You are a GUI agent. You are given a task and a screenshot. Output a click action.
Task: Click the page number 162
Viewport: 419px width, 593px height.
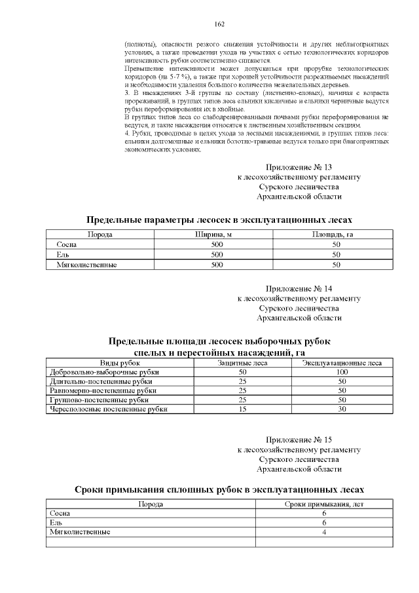(x=219, y=24)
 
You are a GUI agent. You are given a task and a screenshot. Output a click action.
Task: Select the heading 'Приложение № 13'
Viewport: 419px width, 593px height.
(x=299, y=167)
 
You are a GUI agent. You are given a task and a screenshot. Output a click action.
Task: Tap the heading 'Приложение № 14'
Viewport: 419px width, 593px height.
(x=299, y=288)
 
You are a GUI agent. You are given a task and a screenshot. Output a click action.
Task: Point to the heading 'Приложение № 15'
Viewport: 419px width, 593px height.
(x=299, y=439)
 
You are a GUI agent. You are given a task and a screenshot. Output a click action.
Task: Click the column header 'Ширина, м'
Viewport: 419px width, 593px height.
(x=213, y=234)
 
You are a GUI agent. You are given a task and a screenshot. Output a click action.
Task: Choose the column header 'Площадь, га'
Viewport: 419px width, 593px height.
(x=337, y=234)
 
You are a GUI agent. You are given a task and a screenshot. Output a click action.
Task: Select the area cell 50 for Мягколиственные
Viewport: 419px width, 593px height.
(x=337, y=265)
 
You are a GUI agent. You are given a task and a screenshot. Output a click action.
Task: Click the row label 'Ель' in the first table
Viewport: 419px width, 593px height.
(x=63, y=254)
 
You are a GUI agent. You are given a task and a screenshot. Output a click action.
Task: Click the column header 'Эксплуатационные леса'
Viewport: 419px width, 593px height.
(x=341, y=362)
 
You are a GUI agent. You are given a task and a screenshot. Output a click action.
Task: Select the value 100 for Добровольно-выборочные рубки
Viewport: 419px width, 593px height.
(x=341, y=372)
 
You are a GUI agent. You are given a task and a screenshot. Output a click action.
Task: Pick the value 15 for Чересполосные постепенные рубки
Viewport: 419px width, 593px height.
(x=242, y=409)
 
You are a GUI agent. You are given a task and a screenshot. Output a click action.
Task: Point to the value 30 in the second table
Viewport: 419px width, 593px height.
(x=341, y=409)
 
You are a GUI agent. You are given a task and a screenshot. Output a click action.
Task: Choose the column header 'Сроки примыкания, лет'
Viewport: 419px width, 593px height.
(x=324, y=504)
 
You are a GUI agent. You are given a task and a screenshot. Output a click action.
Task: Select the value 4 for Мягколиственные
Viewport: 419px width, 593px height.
(x=324, y=532)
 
